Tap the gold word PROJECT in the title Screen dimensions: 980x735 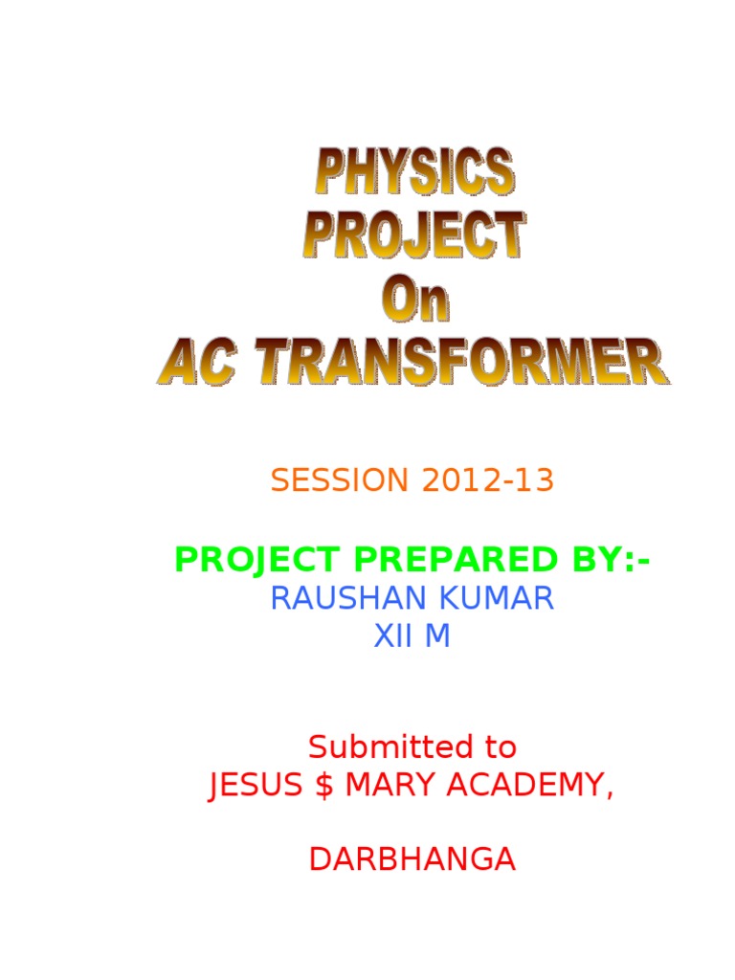(x=414, y=234)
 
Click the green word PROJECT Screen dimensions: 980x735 (x=256, y=560)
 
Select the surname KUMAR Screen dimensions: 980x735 (x=506, y=599)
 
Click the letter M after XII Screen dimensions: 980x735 (x=436, y=636)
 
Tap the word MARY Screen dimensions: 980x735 (x=386, y=787)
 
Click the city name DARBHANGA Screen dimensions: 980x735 (x=412, y=859)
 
